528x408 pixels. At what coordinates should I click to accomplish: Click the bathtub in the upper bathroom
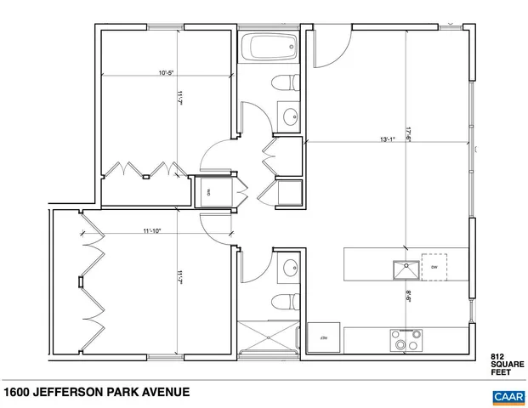pyautogui.click(x=268, y=48)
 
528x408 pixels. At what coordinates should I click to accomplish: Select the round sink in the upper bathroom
pyautogui.click(x=290, y=116)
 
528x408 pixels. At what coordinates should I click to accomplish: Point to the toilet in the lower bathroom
pyautogui.click(x=284, y=302)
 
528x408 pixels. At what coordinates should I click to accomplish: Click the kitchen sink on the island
pyautogui.click(x=403, y=270)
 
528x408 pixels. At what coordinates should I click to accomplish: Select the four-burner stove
pyautogui.click(x=405, y=339)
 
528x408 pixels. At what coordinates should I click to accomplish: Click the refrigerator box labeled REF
pyautogui.click(x=324, y=338)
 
